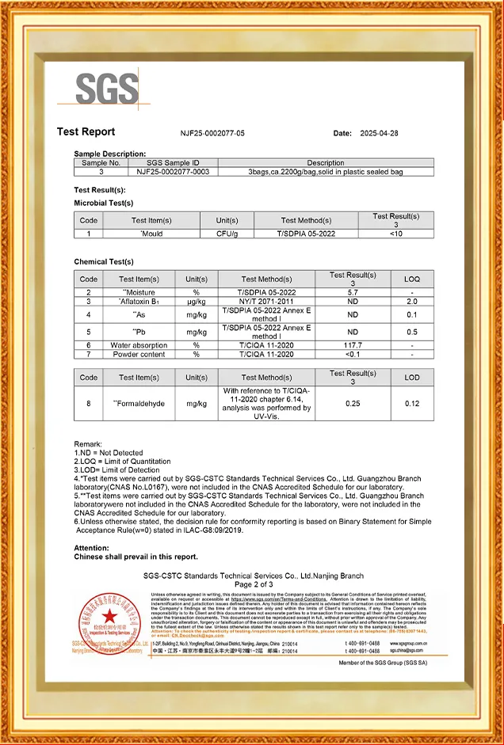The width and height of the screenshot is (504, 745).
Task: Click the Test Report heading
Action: [x=86, y=132]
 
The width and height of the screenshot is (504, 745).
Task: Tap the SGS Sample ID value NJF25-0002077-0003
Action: [x=173, y=171]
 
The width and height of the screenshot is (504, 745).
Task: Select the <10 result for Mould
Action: [x=395, y=234]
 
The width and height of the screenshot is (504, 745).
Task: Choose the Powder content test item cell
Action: [x=139, y=354]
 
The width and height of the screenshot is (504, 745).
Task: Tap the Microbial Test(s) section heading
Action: [x=104, y=203]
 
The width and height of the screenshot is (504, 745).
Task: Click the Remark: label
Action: [x=88, y=444]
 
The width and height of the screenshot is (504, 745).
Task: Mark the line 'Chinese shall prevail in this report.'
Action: [x=136, y=557]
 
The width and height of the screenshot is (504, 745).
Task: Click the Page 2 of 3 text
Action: [x=253, y=584]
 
